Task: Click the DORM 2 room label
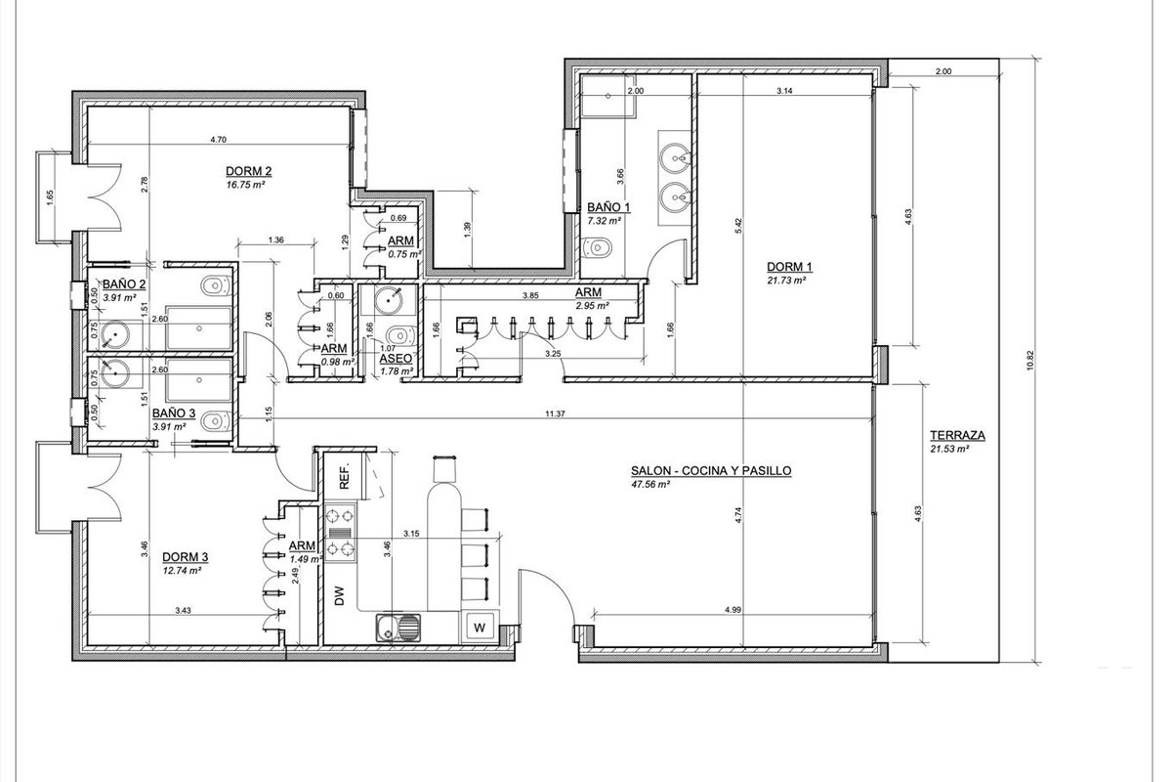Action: click(x=248, y=171)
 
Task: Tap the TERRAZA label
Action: click(x=957, y=435)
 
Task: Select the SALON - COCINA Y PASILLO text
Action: click(x=711, y=471)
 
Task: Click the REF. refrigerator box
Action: click(x=345, y=476)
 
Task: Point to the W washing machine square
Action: click(x=480, y=628)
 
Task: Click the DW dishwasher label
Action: click(x=340, y=596)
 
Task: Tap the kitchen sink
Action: click(x=398, y=628)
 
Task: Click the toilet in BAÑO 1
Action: click(x=597, y=247)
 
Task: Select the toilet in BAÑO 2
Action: click(x=216, y=286)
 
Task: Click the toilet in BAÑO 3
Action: click(x=216, y=420)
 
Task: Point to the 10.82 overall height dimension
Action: click(x=1030, y=361)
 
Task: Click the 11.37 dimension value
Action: click(x=555, y=413)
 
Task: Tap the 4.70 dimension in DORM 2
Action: click(x=218, y=140)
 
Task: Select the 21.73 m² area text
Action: click(x=786, y=281)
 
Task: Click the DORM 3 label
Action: click(x=186, y=557)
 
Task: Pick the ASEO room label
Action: click(x=396, y=360)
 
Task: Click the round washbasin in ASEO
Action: click(x=389, y=299)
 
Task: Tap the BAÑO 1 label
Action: click(x=608, y=207)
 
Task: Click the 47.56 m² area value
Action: click(x=650, y=485)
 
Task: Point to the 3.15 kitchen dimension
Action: click(x=411, y=534)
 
